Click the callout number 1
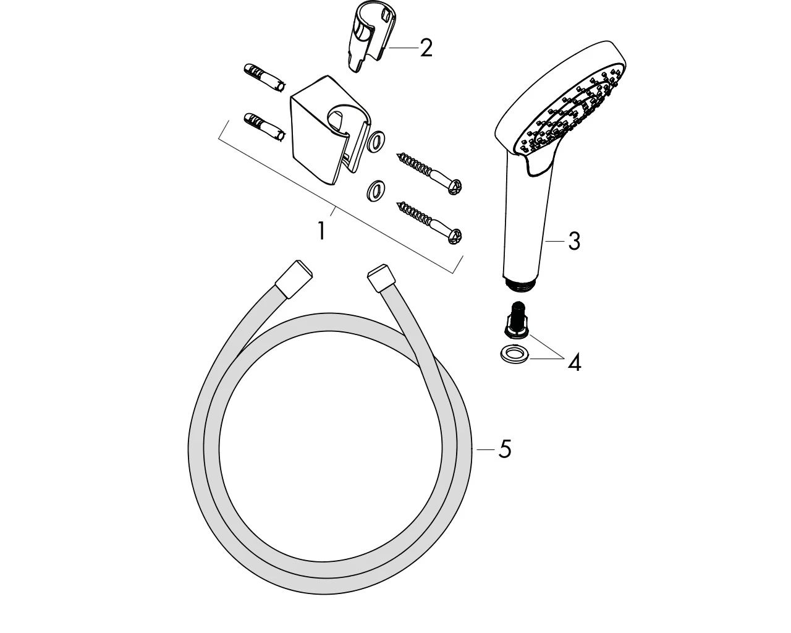pyautogui.click(x=322, y=231)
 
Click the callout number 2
pyautogui.click(x=426, y=48)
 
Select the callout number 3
pyautogui.click(x=574, y=241)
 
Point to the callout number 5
pyautogui.click(x=505, y=449)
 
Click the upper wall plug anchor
pyautogui.click(x=264, y=78)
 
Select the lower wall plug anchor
pyautogui.click(x=264, y=127)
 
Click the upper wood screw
pyautogui.click(x=429, y=173)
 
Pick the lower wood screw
pyautogui.click(x=429, y=223)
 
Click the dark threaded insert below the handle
pyautogui.click(x=517, y=319)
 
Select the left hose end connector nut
pyautogui.click(x=294, y=278)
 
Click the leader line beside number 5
pyautogui.click(x=485, y=449)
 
